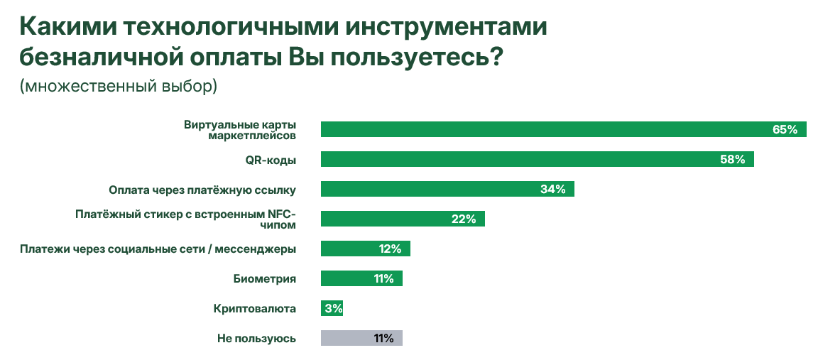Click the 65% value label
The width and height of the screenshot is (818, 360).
tap(785, 129)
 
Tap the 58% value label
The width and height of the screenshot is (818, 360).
tap(733, 159)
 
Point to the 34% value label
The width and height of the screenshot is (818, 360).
tap(552, 189)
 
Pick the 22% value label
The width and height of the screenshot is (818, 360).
tap(463, 219)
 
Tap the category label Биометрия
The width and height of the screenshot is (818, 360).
tap(264, 278)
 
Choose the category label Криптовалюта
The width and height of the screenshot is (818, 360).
tap(254, 308)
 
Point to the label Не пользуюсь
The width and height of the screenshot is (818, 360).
tap(256, 338)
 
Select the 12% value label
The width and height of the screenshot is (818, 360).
tap(389, 249)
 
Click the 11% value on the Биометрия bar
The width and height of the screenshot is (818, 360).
tap(383, 278)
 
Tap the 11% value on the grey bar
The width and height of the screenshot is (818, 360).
tap(383, 338)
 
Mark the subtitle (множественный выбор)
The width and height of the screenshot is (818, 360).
tap(118, 87)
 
